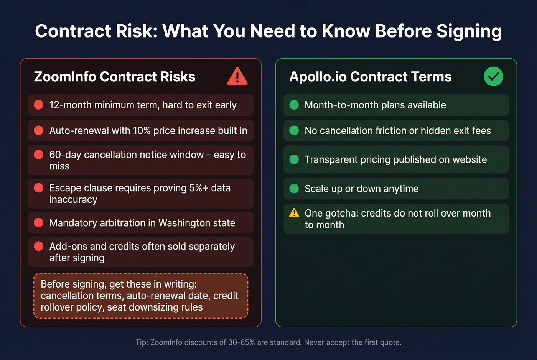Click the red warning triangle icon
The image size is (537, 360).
[237, 77]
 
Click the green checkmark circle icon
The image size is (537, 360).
[493, 76]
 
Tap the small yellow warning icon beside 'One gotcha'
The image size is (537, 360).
[294, 213]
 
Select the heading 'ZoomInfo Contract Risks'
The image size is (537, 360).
[115, 77]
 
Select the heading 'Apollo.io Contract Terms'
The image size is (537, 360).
[370, 77]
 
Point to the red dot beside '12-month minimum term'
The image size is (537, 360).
[39, 105]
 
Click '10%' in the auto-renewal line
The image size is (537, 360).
[142, 131]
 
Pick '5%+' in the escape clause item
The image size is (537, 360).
[198, 188]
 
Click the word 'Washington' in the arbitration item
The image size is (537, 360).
[183, 223]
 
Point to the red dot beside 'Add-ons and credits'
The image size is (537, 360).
[39, 246]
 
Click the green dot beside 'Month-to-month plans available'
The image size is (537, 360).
[294, 105]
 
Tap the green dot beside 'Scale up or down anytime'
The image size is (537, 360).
[294, 189]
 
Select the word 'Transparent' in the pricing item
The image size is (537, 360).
[331, 159]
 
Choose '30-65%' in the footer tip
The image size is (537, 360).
[242, 342]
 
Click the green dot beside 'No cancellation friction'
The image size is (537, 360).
[294, 131]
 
